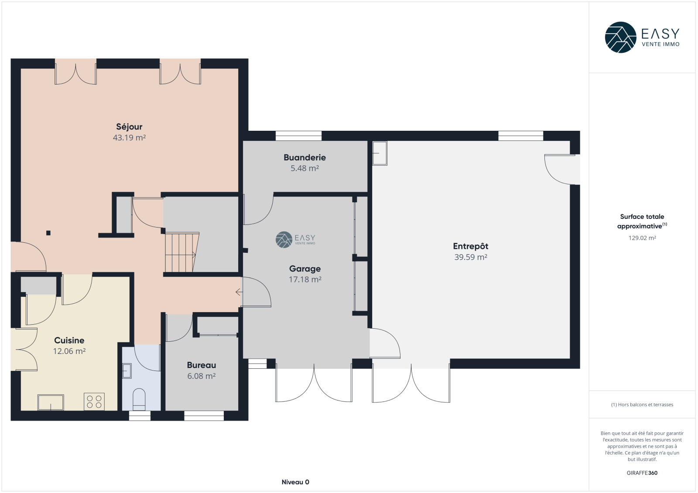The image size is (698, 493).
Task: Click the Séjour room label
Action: click(x=129, y=127)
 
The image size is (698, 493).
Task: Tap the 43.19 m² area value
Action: click(x=129, y=137)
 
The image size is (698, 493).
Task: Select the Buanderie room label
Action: click(x=305, y=158)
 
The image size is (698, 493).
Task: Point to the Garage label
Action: click(x=305, y=269)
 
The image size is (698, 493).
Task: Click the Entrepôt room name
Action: click(x=471, y=246)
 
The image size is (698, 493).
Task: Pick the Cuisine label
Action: click(x=69, y=340)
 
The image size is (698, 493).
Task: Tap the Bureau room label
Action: click(x=201, y=365)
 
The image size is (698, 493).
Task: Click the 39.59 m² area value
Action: click(x=471, y=257)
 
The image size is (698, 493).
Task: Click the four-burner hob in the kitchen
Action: click(x=94, y=402)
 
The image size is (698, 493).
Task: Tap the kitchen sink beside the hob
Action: click(x=51, y=402)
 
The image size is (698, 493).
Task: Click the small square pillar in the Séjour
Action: click(x=48, y=233)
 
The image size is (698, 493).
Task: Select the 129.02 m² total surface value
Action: click(x=642, y=238)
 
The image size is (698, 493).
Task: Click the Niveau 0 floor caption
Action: click(x=295, y=482)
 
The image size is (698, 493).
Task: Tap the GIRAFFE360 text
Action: click(x=642, y=473)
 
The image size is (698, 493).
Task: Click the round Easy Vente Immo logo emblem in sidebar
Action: click(x=620, y=37)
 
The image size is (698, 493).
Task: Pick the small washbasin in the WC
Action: click(x=127, y=371)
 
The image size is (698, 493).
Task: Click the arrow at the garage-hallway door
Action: click(x=239, y=292)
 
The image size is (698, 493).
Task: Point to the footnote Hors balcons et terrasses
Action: click(x=642, y=405)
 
